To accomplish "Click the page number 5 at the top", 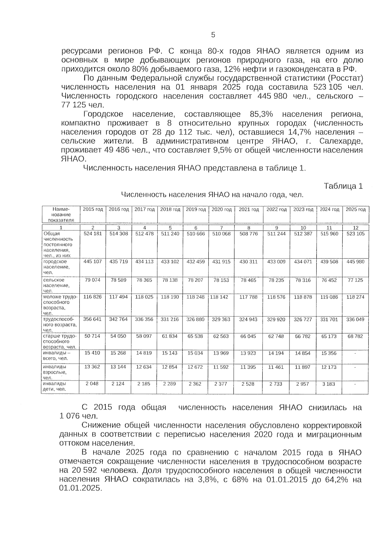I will coord(213,35).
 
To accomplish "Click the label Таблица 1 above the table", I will coord(343,186).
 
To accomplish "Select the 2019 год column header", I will coord(196,210).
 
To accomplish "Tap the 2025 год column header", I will coord(355,210).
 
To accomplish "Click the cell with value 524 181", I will coord(93,234).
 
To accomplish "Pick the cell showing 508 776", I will coord(248,234).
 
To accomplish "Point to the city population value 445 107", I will coord(93,262).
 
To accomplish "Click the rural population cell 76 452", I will coord(329,280).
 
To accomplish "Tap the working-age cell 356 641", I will coord(92,319).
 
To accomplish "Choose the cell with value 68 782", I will coord(355,337).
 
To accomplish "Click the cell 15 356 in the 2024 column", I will coord(329,353).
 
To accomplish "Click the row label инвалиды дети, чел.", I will coord(54,386).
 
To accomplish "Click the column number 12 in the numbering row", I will coord(355,228).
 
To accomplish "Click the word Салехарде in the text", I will coord(340,142).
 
